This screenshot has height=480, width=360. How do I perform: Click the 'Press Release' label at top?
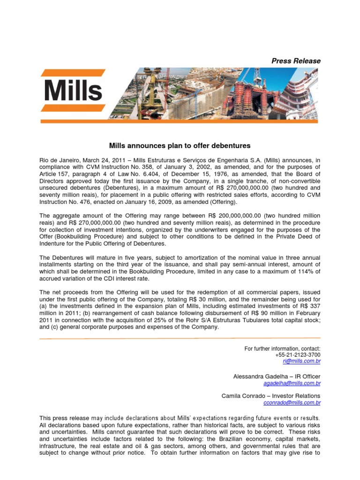(297, 61)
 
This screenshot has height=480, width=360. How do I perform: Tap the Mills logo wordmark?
(73, 90)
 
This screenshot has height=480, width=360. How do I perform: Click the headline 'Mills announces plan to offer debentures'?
(180, 146)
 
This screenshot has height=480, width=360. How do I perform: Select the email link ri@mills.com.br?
(302, 361)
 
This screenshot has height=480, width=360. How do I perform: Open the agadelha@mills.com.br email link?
(292, 383)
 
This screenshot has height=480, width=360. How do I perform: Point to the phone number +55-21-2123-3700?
(298, 355)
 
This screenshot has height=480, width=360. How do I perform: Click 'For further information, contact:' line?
(283, 348)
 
